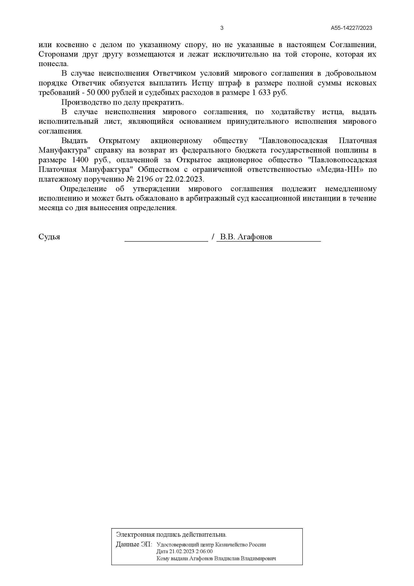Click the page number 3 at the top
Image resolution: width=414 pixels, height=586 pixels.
point(222,28)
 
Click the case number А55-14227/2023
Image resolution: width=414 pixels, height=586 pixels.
point(351,28)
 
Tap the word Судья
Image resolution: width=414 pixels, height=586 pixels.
point(49,237)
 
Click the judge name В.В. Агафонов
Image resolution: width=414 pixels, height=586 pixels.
point(246,237)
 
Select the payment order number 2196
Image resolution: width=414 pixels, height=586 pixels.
point(145,179)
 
